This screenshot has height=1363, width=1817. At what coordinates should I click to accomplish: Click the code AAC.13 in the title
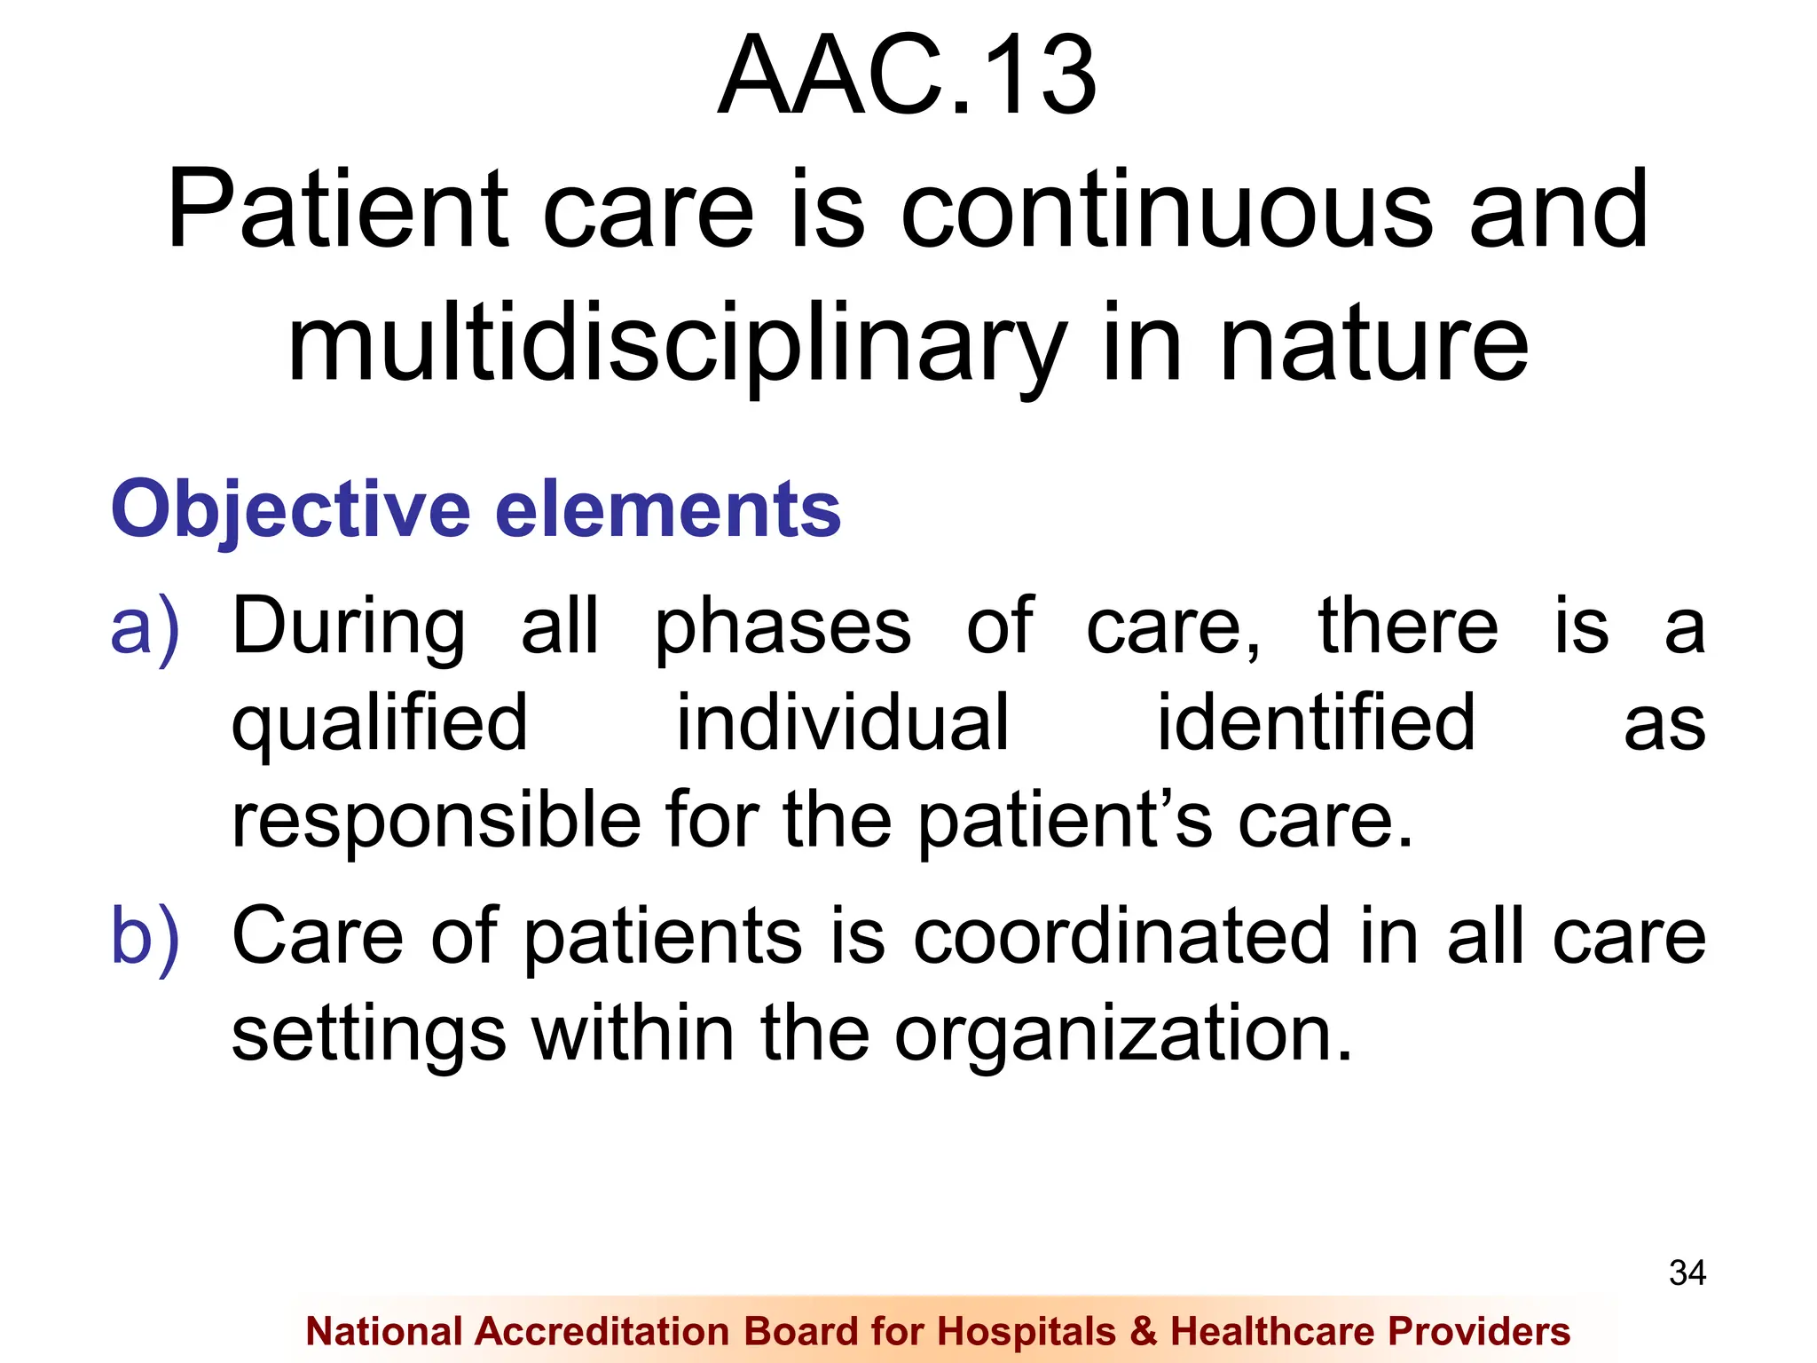tap(907, 76)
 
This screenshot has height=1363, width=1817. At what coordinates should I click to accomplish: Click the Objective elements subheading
tap(476, 509)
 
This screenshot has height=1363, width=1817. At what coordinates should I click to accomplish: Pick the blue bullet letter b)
tap(145, 937)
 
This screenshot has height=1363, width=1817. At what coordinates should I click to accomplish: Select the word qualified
tap(380, 724)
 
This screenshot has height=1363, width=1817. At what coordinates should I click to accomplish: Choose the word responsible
tap(436, 820)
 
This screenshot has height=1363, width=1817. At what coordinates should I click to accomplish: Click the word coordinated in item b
tap(1121, 937)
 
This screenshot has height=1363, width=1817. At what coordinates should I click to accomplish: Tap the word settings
tap(368, 1035)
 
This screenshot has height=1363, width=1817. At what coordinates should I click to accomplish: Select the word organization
tap(1123, 1035)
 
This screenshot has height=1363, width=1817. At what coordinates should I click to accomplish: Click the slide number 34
tap(1687, 1273)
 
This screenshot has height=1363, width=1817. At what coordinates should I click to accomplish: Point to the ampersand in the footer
tap(1144, 1332)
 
